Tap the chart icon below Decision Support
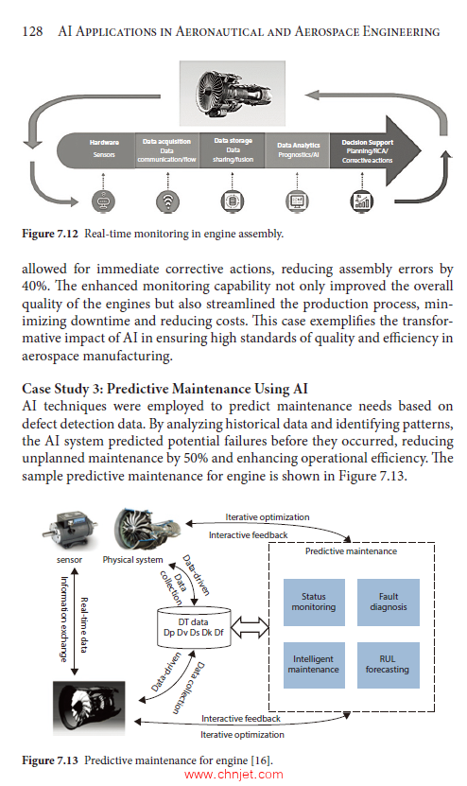pos(361,201)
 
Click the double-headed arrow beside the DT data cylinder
pos(251,624)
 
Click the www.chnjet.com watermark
pos(233,775)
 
